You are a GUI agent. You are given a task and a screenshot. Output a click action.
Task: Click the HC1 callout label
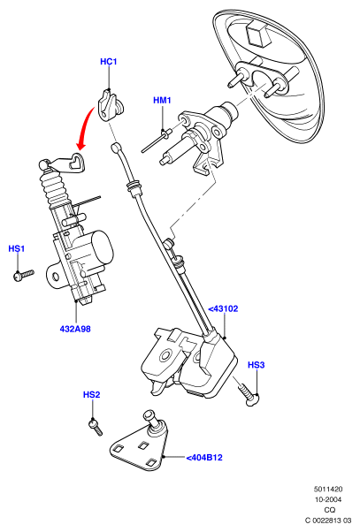(x=108, y=62)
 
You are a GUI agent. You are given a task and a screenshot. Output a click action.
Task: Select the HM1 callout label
(x=162, y=101)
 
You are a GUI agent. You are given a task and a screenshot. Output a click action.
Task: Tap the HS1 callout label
(x=16, y=248)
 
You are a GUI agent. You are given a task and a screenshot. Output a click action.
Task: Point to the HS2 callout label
(x=91, y=395)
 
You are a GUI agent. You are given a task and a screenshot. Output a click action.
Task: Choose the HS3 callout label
(x=256, y=365)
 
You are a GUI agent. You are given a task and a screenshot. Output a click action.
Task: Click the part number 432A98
(x=75, y=329)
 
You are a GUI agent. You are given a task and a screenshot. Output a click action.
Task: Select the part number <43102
(x=223, y=309)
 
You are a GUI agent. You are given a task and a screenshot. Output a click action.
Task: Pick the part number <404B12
(x=204, y=458)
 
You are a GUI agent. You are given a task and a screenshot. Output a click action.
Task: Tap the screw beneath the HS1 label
(x=23, y=275)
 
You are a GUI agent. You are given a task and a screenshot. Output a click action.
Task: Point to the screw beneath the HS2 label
(x=96, y=427)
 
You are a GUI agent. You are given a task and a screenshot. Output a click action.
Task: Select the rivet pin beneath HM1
(x=156, y=141)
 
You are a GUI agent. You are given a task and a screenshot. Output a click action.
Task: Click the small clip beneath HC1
(x=111, y=104)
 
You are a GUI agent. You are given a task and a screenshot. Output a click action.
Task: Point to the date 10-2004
(x=328, y=500)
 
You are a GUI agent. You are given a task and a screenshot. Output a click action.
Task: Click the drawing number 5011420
(x=328, y=490)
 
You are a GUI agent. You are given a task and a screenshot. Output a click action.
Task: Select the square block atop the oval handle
(x=258, y=32)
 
